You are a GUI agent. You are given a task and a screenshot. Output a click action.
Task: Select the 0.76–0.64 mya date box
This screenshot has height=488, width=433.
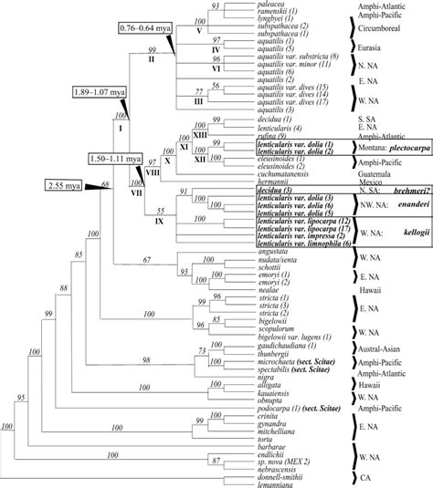(146, 33)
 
